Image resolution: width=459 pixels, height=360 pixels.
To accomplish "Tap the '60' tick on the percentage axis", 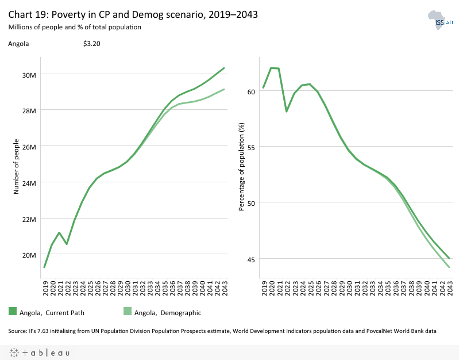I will pos(250,91).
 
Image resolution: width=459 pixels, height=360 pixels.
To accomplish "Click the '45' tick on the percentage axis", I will pos(250,258).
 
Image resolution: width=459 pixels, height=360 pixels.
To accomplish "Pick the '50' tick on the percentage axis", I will pos(250,202).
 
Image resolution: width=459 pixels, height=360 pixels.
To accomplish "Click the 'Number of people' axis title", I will pos(17,166).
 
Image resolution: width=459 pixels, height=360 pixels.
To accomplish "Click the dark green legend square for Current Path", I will pos(12,311).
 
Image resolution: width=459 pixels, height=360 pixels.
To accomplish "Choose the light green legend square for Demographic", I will pos(128,311).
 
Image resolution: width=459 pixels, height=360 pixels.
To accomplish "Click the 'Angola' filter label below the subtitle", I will pos(18,44).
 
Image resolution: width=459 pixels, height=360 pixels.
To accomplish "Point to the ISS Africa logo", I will pos(440,22).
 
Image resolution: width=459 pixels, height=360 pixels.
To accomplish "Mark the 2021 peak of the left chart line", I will pos(59,232).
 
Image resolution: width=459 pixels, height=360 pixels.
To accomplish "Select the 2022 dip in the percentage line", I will pos(287,111).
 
